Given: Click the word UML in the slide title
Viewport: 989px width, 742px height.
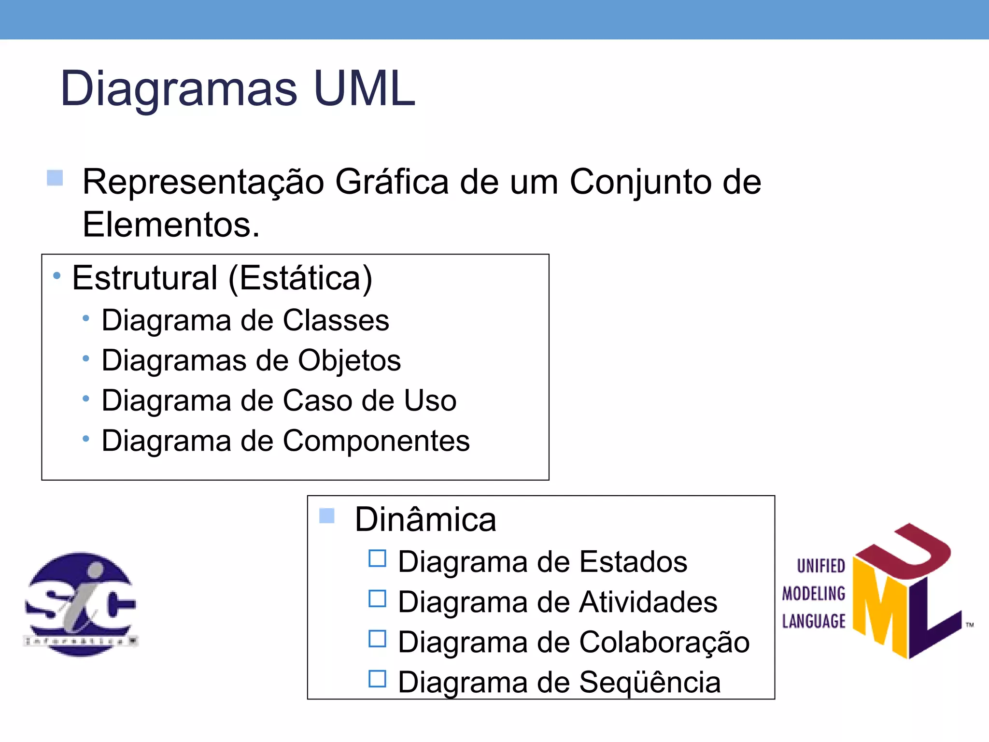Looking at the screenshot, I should pyautogui.click(x=365, y=88).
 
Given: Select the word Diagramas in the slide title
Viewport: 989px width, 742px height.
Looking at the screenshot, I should pyautogui.click(x=178, y=89).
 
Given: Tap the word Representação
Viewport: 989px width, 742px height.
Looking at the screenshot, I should pyautogui.click(x=203, y=183).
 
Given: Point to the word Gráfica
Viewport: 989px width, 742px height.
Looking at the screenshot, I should pyautogui.click(x=392, y=182).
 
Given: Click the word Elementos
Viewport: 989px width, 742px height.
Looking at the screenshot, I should pyautogui.click(x=171, y=225).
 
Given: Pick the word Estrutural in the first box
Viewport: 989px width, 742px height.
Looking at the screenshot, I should pyautogui.click(x=145, y=278).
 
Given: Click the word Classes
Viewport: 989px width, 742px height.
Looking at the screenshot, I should pyautogui.click(x=336, y=320).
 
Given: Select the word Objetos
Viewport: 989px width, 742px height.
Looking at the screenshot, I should pyautogui.click(x=349, y=361).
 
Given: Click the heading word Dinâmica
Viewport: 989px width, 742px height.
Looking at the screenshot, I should pyautogui.click(x=425, y=520).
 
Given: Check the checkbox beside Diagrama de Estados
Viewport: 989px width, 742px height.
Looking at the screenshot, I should pyautogui.click(x=377, y=558).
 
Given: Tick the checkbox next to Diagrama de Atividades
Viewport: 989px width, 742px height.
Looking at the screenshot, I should pyautogui.click(x=377, y=599).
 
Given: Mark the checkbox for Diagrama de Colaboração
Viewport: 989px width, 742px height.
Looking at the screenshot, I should pyautogui.click(x=377, y=639).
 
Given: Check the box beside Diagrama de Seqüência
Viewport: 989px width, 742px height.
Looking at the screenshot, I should pyautogui.click(x=377, y=679).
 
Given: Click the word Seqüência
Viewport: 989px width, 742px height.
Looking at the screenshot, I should pyautogui.click(x=650, y=683).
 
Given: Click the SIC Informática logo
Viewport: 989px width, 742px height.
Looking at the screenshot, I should pyautogui.click(x=81, y=604).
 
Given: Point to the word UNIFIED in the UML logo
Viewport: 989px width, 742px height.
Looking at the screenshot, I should pyautogui.click(x=820, y=566).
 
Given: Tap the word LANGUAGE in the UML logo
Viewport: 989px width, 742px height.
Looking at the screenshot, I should pyautogui.click(x=814, y=621).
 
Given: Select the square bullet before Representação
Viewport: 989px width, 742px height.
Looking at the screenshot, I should pyautogui.click(x=55, y=178).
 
